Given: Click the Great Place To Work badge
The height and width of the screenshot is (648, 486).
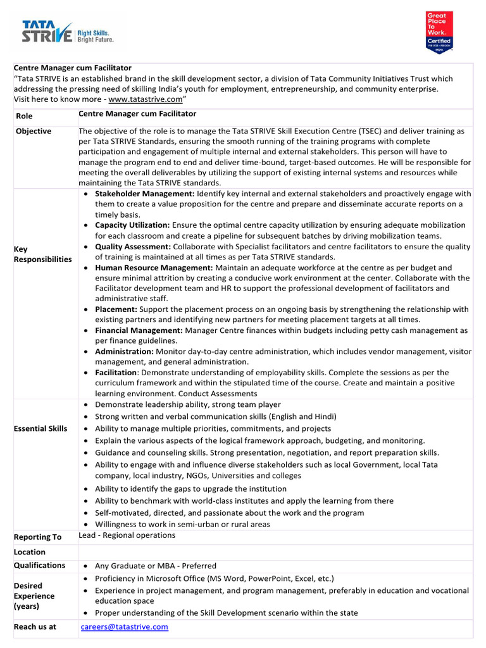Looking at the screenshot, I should (x=439, y=32).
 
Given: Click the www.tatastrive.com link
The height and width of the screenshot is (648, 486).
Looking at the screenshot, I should (x=145, y=100).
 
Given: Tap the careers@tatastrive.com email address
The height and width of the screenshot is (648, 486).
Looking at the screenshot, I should (x=124, y=626).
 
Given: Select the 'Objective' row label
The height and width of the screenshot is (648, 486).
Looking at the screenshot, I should (x=34, y=131).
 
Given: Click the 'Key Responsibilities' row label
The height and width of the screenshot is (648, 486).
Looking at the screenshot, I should (x=42, y=254).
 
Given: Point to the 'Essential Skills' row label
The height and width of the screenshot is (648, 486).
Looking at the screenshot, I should (x=40, y=428).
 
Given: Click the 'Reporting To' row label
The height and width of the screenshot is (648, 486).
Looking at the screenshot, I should (x=37, y=537).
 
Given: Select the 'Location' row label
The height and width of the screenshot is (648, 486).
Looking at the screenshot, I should (x=30, y=552).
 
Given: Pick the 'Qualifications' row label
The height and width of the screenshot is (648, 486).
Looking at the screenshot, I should (x=39, y=565).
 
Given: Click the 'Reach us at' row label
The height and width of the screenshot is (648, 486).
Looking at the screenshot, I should (x=35, y=627).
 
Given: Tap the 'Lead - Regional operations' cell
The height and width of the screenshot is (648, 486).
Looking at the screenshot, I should (x=127, y=535).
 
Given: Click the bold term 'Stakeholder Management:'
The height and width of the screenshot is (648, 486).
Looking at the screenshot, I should (x=145, y=194).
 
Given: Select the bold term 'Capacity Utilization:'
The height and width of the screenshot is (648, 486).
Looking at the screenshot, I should (x=132, y=225).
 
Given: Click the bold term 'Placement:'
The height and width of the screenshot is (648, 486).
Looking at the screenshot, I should (x=116, y=309).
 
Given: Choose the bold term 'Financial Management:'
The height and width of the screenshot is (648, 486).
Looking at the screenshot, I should (x=139, y=330).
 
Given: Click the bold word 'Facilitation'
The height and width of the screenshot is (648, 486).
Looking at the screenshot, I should (x=116, y=372).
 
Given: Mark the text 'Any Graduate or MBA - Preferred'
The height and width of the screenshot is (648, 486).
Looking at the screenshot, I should (x=155, y=566).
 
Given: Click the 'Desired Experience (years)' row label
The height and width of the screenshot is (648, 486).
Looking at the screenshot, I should (x=34, y=596).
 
